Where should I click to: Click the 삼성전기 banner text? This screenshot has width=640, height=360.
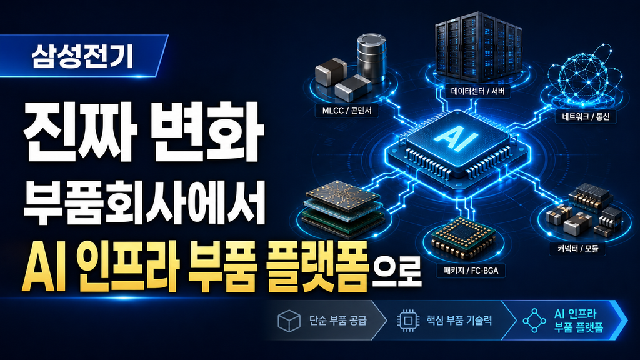pyautogui.click(x=82, y=56)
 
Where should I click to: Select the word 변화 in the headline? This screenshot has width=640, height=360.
pyautogui.click(x=206, y=131)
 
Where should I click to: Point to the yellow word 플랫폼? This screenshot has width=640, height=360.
pyautogui.click(x=317, y=266)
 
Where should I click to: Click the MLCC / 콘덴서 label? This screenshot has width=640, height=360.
pyautogui.click(x=347, y=111)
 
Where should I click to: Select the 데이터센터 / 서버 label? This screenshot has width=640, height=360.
pyautogui.click(x=477, y=91)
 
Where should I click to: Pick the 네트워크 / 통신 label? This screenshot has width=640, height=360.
pyautogui.click(x=586, y=117)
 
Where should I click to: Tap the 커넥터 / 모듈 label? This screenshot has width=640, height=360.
pyautogui.click(x=578, y=249)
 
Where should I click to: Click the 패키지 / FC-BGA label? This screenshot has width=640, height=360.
pyautogui.click(x=471, y=271)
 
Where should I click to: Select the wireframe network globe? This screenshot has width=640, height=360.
pyautogui.click(x=584, y=75)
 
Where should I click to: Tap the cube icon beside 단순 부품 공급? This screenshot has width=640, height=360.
pyautogui.click(x=289, y=321)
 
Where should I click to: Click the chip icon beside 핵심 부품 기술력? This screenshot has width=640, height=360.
pyautogui.click(x=407, y=320)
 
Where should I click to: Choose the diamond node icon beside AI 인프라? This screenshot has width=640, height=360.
pyautogui.click(x=534, y=321)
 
